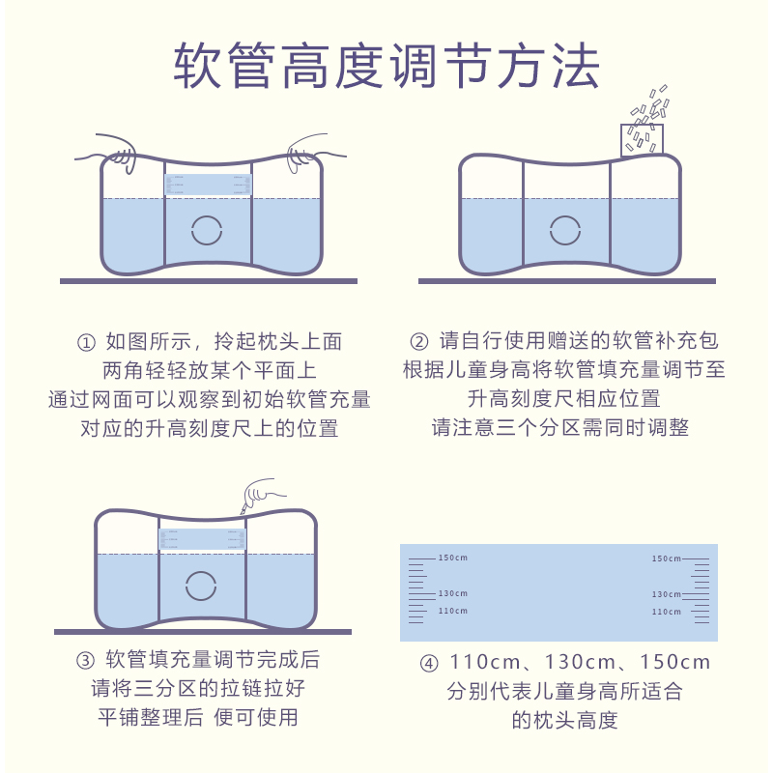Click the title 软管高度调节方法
tap(386, 66)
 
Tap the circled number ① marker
tap(87, 342)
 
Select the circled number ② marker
tap(418, 342)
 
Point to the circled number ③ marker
tap(84, 661)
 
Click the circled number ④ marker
tap(429, 663)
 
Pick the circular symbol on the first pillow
tap(208, 230)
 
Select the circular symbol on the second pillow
tap(566, 229)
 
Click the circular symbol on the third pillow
tap(201, 585)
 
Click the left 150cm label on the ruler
tap(452, 558)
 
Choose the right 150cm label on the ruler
tap(666, 558)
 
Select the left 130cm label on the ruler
tap(452, 593)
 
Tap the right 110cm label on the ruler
tap(666, 612)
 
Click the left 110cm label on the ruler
tap(452, 611)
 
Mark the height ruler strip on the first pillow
tap(208, 184)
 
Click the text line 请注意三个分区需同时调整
tap(559, 427)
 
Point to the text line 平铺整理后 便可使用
tap(197, 717)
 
